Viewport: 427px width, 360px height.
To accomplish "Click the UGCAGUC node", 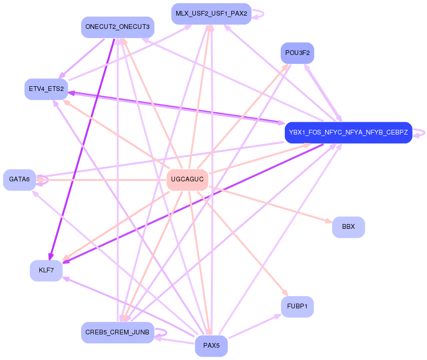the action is (187, 180).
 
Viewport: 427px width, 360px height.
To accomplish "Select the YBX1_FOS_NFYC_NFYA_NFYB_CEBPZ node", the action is (348, 133).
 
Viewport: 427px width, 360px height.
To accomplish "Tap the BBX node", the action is (348, 227).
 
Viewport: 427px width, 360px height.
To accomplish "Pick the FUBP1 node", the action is (297, 307).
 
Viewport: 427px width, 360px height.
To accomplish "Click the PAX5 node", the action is (211, 346).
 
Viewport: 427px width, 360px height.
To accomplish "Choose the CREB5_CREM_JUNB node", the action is (117, 333).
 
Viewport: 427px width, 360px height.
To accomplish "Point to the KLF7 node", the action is (46, 270).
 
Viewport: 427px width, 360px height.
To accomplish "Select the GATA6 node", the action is (19, 180).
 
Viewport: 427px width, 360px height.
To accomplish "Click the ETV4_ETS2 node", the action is (46, 89).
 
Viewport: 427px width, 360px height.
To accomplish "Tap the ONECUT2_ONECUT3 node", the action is (117, 27).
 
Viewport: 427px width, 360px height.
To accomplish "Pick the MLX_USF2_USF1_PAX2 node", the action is (211, 14).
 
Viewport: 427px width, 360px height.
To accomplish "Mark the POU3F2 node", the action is (297, 53).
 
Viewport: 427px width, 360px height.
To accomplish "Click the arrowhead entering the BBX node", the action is (327, 221).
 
